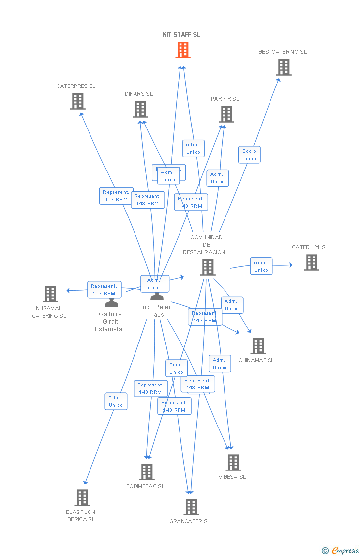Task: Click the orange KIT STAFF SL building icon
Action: [x=183, y=50]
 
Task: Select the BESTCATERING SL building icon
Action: [x=284, y=67]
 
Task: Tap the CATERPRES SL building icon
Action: [x=78, y=101]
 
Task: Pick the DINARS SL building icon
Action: [x=140, y=109]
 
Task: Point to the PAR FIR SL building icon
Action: [x=226, y=114]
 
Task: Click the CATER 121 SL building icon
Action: [x=312, y=262]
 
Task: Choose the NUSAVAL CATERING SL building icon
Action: [x=50, y=294]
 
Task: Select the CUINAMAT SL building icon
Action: [x=258, y=346]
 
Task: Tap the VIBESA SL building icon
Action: [x=233, y=463]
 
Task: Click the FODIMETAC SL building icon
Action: [x=147, y=472]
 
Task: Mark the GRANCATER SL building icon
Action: [x=191, y=507]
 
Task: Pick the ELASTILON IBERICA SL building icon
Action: [x=82, y=498]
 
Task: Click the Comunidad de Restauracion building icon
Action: [x=208, y=267]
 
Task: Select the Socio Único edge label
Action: [x=249, y=155]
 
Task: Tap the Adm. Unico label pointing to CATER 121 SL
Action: [x=261, y=266]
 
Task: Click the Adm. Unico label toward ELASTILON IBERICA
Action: [x=116, y=401]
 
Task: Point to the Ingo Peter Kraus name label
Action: [x=156, y=311]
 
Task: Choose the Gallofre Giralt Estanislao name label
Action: [x=110, y=322]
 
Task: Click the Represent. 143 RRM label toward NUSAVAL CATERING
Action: [x=104, y=290]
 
